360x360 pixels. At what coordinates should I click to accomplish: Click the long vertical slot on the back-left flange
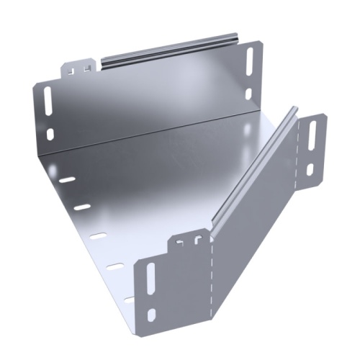click(48, 101)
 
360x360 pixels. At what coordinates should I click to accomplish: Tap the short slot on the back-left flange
click(50, 133)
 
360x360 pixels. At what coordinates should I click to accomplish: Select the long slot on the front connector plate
click(150, 276)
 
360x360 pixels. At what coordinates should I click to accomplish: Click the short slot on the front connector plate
click(152, 314)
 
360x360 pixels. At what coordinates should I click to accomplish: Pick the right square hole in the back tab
click(88, 68)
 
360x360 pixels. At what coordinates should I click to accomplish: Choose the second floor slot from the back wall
click(82, 207)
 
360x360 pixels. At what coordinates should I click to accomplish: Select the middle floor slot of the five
click(99, 237)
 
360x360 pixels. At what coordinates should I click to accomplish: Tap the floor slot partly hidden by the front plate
click(129, 298)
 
